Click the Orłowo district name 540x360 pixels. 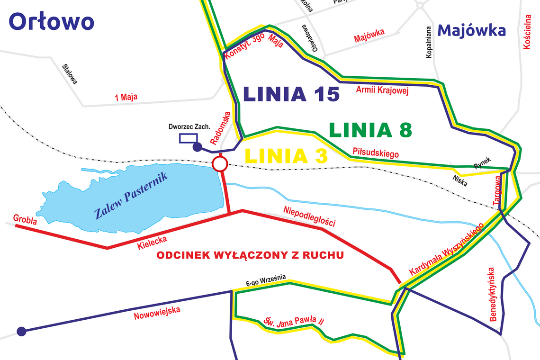coord(51,21)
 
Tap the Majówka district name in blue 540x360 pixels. coord(471,30)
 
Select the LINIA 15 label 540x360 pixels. coord(291,94)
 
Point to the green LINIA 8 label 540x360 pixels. coord(370,129)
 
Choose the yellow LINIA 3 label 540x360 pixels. coord(286,155)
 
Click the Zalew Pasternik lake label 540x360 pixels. coord(135,196)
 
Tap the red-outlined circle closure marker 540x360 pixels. coord(219,164)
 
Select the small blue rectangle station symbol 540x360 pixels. coord(188,138)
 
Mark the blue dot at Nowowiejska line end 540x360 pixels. coord(21,331)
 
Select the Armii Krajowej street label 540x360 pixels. coord(382,90)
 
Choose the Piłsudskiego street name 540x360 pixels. coord(376,153)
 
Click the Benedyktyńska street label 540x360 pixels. coord(493,294)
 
